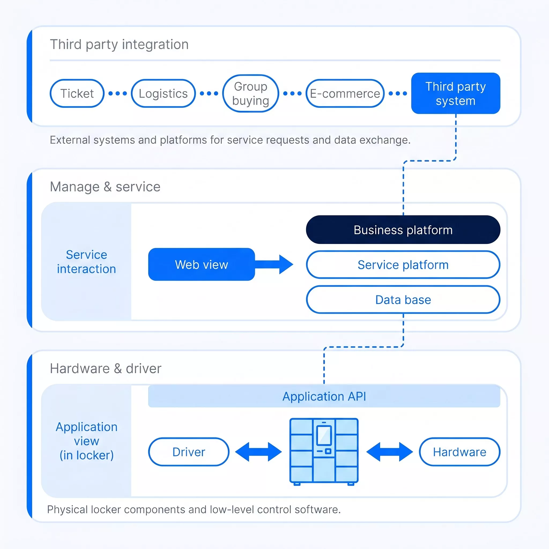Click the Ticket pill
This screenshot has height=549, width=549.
click(77, 94)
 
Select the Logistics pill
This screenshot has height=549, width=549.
click(164, 94)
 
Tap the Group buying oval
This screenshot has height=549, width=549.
click(251, 94)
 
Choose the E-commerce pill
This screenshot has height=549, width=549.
click(345, 94)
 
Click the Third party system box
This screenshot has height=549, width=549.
click(455, 94)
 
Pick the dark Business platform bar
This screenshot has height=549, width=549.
click(403, 230)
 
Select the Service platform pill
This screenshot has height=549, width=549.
click(403, 265)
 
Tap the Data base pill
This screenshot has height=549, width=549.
click(403, 299)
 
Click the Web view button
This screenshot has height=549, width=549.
click(202, 265)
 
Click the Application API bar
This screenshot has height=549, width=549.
click(324, 396)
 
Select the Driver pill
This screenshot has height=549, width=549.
click(189, 452)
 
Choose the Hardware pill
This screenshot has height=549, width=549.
click(459, 452)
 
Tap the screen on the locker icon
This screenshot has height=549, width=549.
click(324, 435)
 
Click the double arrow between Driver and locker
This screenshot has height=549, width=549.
click(258, 452)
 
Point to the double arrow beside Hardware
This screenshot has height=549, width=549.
click(390, 452)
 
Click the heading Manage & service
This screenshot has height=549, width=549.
click(105, 187)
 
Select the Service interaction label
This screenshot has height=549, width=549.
click(86, 262)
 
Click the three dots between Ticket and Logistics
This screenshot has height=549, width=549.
click(118, 94)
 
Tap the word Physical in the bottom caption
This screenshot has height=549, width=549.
click(67, 510)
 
